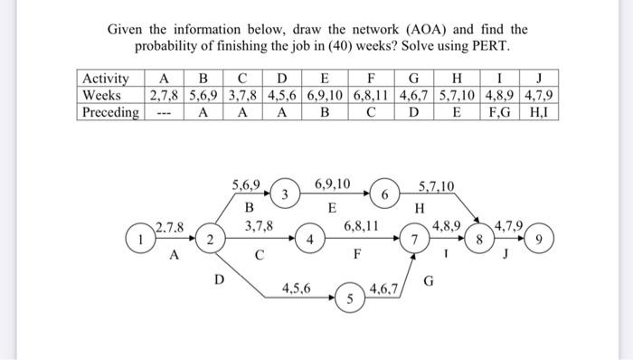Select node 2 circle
pos(209,240)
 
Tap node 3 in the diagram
pos(284,194)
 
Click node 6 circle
pos(384,194)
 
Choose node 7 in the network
pos(414,242)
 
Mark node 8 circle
pos(480,241)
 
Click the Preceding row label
pos(110,112)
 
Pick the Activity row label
pos(105,78)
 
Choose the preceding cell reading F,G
pos(503,112)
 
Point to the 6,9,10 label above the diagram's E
pos(334,185)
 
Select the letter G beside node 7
pos(430,281)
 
